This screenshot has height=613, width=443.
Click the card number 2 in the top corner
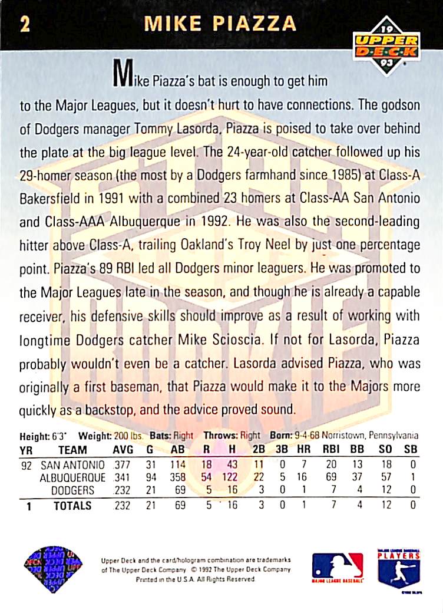(x=24, y=24)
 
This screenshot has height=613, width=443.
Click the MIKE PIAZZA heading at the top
(x=220, y=24)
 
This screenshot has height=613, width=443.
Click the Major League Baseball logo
(x=338, y=566)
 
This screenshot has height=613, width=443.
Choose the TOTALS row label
(x=72, y=506)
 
